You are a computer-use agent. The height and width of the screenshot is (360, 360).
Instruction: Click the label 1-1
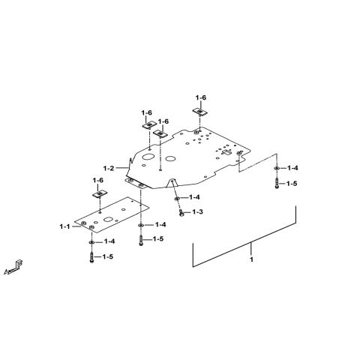click(64, 226)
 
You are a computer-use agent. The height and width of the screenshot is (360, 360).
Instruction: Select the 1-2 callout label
click(109, 168)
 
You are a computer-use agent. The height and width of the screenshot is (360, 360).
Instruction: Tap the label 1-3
click(197, 212)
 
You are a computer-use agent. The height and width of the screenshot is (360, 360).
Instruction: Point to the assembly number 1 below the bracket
click(251, 259)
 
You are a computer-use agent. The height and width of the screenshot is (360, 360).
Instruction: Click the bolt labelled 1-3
click(181, 213)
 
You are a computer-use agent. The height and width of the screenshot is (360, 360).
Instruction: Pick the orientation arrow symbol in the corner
click(14, 268)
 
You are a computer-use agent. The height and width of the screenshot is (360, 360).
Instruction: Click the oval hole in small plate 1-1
click(108, 219)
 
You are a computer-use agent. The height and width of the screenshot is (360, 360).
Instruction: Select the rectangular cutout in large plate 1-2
click(227, 152)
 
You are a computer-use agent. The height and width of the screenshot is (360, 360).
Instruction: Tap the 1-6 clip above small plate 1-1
click(100, 193)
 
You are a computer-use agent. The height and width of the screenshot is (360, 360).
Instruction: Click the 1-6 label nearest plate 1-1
click(97, 180)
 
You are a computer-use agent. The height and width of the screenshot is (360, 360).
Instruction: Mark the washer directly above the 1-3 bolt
click(177, 199)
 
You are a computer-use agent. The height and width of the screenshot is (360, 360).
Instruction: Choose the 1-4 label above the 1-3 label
click(194, 197)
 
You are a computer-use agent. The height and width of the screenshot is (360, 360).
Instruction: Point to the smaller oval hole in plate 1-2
click(171, 158)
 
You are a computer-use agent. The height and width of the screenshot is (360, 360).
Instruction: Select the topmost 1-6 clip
click(199, 112)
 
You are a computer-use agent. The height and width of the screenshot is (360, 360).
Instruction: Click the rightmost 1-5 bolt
click(277, 184)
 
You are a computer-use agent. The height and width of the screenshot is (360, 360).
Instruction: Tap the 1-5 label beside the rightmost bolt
click(292, 184)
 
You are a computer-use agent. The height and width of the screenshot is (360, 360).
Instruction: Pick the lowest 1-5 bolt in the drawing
click(91, 257)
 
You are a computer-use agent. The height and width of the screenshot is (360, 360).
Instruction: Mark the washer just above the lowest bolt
click(91, 242)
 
